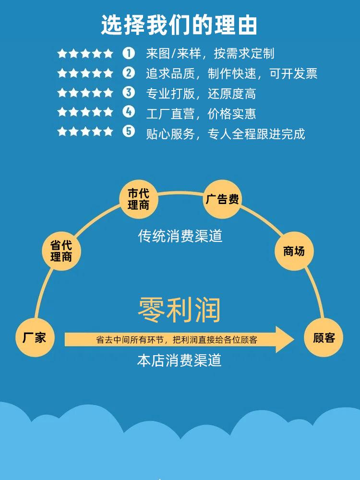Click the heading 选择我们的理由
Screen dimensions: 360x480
coord(180,25)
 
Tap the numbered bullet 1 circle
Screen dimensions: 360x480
coord(129,53)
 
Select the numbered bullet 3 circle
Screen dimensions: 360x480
coord(129,92)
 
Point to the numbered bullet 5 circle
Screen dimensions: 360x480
coord(129,131)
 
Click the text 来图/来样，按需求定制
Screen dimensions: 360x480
coord(210,53)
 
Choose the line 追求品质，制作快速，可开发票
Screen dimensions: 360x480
coord(231,73)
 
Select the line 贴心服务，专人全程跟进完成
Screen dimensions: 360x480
coord(225,133)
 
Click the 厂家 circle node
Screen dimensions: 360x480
coord(35,337)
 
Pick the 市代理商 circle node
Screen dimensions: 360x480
coord(138,199)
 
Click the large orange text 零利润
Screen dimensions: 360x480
coord(180,310)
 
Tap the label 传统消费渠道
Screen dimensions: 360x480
coord(180,236)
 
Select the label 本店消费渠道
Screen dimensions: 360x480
coord(180,361)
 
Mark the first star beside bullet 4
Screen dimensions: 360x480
coord(62,112)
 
